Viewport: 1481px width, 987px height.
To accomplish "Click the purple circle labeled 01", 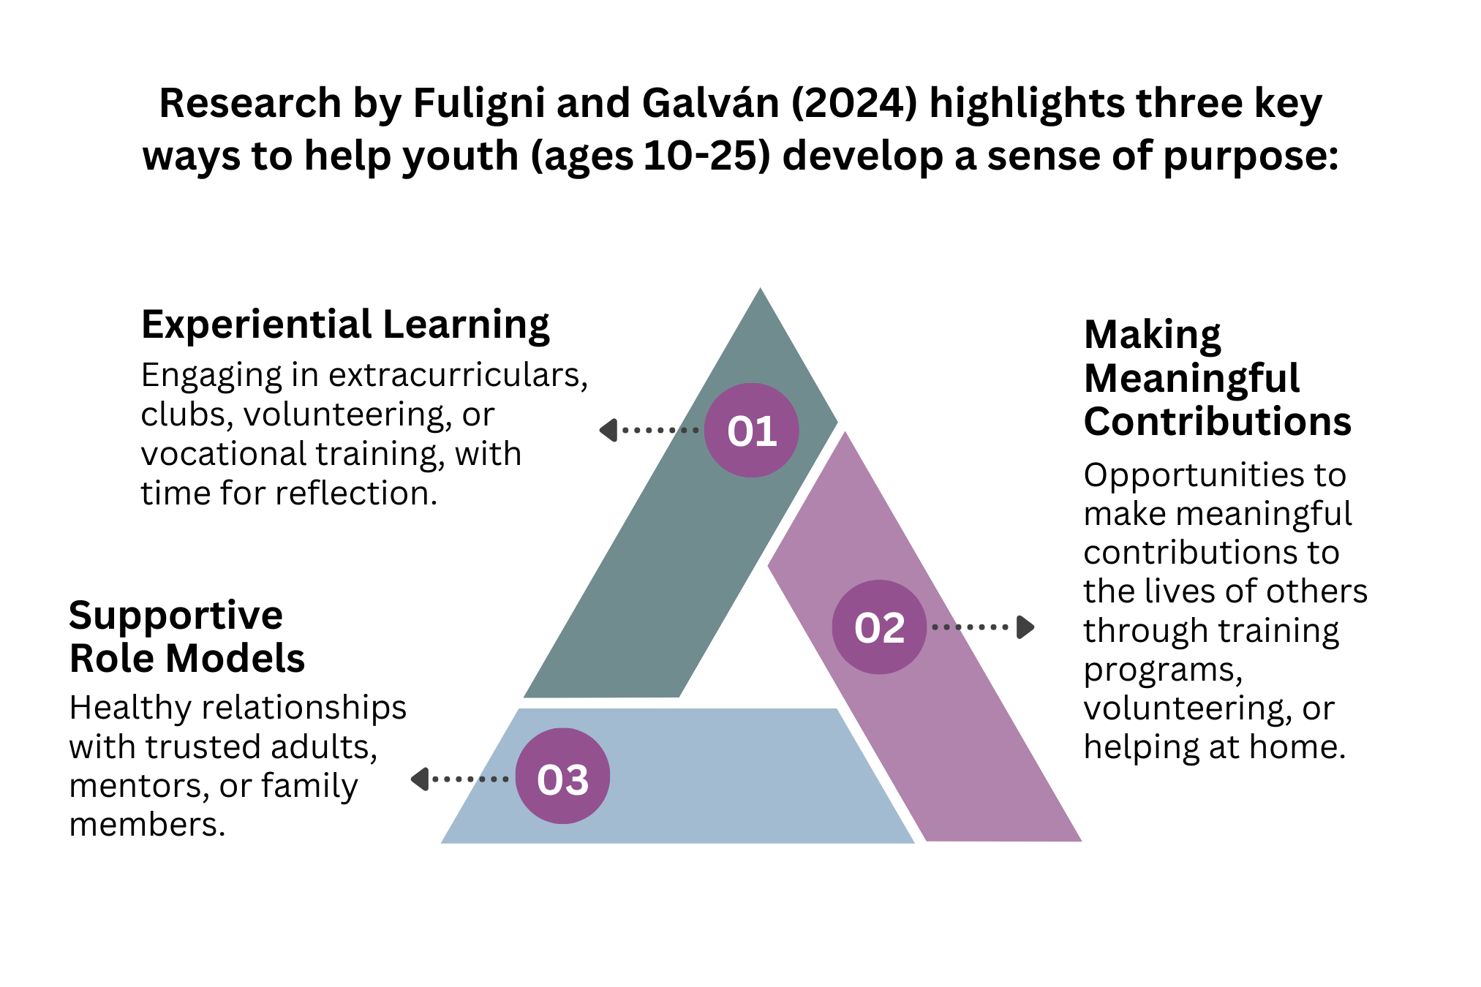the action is pos(751,430).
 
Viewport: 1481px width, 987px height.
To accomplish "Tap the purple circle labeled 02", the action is pos(879,627).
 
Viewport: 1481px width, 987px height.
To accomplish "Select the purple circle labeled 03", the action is pos(562,776).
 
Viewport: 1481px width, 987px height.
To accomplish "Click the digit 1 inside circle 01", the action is pos(766,431).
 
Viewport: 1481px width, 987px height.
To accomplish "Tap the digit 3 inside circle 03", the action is pos(576,780).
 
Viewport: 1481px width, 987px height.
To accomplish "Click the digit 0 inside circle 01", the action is pos(739,431).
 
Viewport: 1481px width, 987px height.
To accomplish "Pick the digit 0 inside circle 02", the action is pos(867,628).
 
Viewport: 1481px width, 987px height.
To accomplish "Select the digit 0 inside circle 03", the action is pos(549,780).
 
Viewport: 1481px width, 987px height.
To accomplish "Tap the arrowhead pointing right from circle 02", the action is pos(1025,627).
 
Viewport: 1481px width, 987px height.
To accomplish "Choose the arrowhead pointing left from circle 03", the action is pos(420,779).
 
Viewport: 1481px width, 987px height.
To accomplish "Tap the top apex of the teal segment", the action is pos(760,290).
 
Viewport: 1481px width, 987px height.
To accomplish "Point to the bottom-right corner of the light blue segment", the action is pos(913,842).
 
